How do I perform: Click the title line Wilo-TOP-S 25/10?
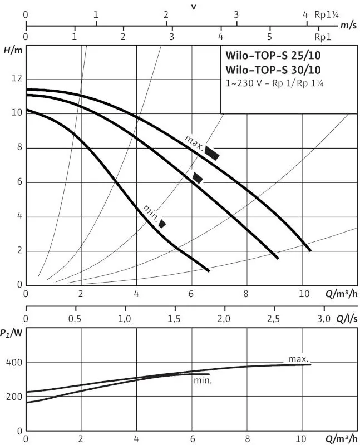tap(273, 55)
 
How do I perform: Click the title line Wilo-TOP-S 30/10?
tap(273, 70)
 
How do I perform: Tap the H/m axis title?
tap(13, 51)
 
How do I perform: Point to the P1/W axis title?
tap(11, 333)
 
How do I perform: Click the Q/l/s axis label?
tap(347, 319)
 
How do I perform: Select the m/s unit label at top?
tap(348, 25)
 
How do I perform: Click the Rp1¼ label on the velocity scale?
tap(327, 14)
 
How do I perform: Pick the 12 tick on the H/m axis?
tap(17, 78)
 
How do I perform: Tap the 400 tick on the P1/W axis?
tap(14, 363)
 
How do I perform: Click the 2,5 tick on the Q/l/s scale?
tap(273, 319)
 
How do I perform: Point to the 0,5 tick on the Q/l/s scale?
tap(75, 319)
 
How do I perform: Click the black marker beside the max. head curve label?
tap(212, 154)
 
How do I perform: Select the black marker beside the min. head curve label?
tap(162, 224)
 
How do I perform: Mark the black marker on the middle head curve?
tap(198, 177)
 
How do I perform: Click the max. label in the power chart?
tap(298, 359)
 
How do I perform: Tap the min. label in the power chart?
tap(203, 380)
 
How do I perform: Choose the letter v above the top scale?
tap(194, 7)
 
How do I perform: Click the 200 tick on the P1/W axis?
tap(14, 397)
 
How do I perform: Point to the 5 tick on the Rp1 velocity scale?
tap(269, 37)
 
